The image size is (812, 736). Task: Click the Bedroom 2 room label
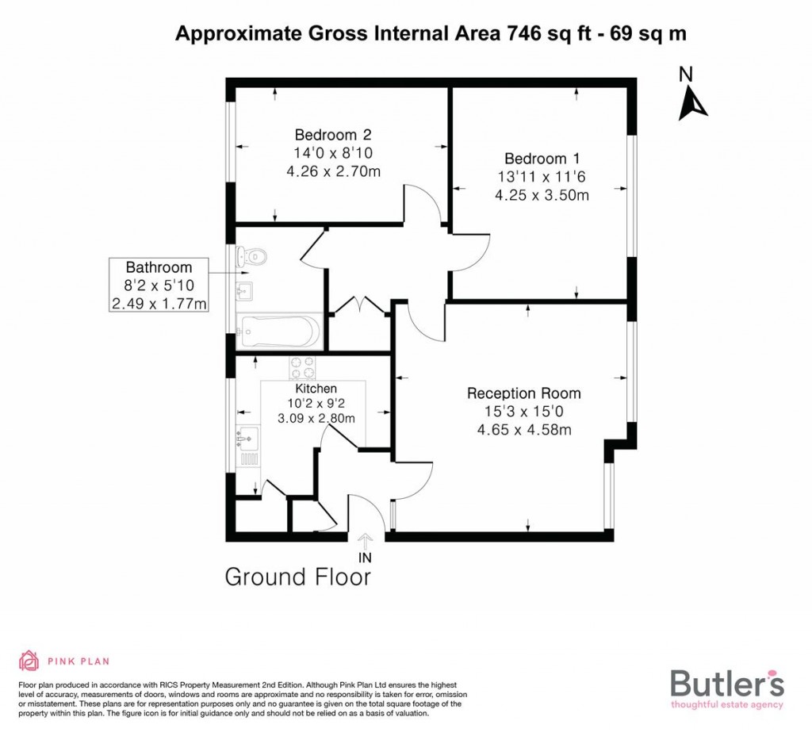click(x=333, y=134)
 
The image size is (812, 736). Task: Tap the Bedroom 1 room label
click(x=536, y=159)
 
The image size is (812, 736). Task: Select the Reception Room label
click(x=523, y=393)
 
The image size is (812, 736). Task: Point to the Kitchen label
click(x=316, y=389)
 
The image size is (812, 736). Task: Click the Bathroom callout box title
click(x=159, y=267)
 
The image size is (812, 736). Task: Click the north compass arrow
click(x=692, y=104)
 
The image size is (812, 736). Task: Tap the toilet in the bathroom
click(x=254, y=257)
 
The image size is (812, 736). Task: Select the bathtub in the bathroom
click(x=278, y=331)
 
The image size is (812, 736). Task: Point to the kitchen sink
click(x=247, y=436)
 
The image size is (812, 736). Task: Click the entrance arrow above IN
click(x=366, y=542)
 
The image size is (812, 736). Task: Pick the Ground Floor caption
click(x=298, y=577)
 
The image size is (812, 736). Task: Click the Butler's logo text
click(x=727, y=682)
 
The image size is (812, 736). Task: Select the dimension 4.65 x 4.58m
click(x=523, y=430)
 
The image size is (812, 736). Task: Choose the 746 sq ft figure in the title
click(x=533, y=33)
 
